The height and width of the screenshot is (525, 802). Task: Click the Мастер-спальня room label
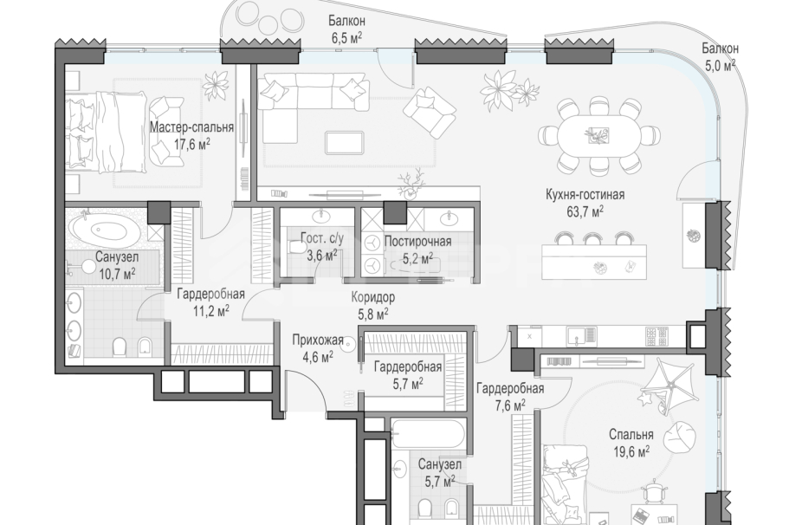(191, 126)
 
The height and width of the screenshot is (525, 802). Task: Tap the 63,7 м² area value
(585, 211)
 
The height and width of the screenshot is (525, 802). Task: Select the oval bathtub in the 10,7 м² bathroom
(104, 230)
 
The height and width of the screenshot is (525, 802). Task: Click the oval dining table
(598, 136)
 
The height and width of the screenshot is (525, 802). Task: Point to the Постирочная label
(417, 241)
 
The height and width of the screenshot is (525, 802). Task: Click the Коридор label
(373, 297)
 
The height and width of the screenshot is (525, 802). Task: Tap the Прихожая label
(318, 340)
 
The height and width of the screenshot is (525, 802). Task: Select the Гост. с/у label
(321, 238)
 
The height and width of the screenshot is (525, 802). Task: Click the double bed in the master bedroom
(107, 132)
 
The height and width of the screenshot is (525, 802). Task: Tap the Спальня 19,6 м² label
(631, 443)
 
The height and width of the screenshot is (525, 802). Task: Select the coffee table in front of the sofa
(345, 142)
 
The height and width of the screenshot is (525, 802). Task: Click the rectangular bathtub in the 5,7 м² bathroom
(428, 434)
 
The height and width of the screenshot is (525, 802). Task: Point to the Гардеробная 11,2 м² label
(210, 301)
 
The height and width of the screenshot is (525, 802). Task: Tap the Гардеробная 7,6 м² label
(510, 397)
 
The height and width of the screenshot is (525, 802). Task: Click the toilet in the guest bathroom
(296, 248)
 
